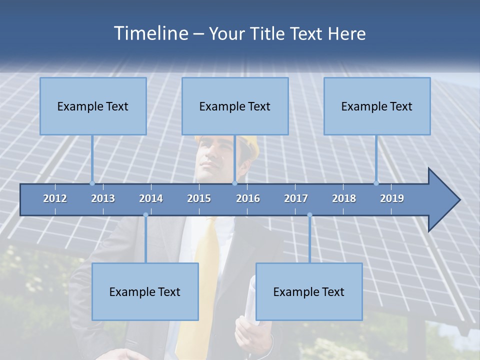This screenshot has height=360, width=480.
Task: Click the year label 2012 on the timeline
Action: click(x=55, y=198)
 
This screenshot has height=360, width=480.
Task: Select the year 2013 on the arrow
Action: click(x=103, y=198)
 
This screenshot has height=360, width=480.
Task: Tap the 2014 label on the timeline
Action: click(x=151, y=198)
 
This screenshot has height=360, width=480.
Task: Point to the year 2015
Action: click(x=199, y=198)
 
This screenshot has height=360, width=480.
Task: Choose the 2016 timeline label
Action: click(x=248, y=198)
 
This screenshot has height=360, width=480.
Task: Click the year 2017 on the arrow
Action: click(x=296, y=198)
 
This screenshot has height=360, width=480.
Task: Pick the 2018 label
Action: click(x=344, y=198)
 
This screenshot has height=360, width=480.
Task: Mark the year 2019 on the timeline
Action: click(x=392, y=198)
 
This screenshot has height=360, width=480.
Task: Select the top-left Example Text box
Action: click(x=93, y=106)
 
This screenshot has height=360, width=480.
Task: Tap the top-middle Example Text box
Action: click(x=235, y=106)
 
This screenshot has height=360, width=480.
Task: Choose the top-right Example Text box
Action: click(x=377, y=106)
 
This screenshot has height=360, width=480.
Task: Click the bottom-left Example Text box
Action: click(x=145, y=291)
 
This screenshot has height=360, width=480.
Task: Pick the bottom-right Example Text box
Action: click(x=309, y=291)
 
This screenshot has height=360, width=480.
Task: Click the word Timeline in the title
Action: click(x=149, y=33)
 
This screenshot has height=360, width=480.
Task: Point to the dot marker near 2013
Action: click(x=92, y=183)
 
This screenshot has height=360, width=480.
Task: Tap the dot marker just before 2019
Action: click(x=376, y=183)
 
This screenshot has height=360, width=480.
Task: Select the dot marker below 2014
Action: click(x=145, y=215)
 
